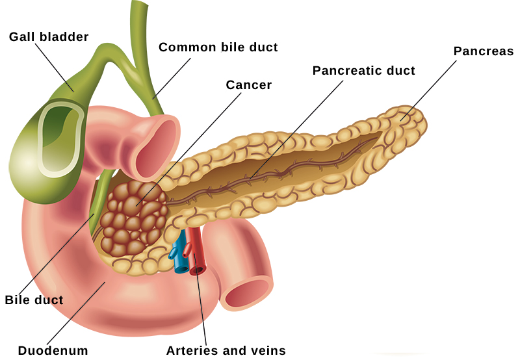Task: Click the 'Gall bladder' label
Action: coord(49,37)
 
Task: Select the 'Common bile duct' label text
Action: coord(218,47)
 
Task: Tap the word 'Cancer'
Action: coord(249,85)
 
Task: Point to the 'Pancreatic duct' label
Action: coord(364,71)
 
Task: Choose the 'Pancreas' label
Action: coord(484,51)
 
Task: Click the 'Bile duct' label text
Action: coord(34,300)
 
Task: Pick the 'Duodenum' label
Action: coord(53,350)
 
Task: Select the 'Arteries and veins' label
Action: coord(226,350)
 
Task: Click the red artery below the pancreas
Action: coord(196,252)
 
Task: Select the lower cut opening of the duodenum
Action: coord(247,294)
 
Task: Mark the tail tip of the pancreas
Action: coord(426,123)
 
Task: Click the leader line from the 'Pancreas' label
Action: coord(428,90)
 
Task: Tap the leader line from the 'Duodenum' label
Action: coord(76,313)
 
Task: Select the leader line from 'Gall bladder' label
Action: coord(55,68)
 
